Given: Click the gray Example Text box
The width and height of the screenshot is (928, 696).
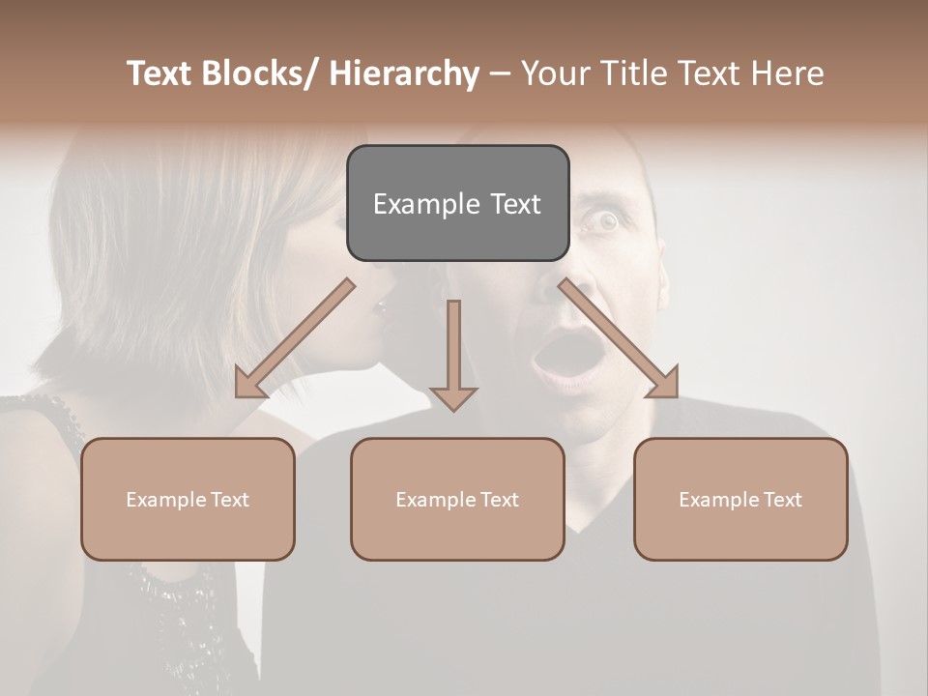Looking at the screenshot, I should [457, 203].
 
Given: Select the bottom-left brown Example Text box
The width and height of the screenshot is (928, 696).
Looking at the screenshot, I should [188, 499].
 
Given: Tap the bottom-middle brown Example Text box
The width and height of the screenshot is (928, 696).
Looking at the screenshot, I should [457, 499].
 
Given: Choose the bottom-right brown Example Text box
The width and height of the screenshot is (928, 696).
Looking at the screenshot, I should [740, 499].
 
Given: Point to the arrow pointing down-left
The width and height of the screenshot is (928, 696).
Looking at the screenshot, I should [296, 338].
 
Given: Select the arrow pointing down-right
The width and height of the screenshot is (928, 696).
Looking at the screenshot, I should [619, 338].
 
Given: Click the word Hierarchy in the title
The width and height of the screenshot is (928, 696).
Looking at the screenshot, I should [404, 73].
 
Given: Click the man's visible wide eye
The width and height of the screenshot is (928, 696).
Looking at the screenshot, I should [606, 223].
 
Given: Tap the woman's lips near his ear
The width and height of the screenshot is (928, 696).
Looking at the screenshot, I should [379, 307].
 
